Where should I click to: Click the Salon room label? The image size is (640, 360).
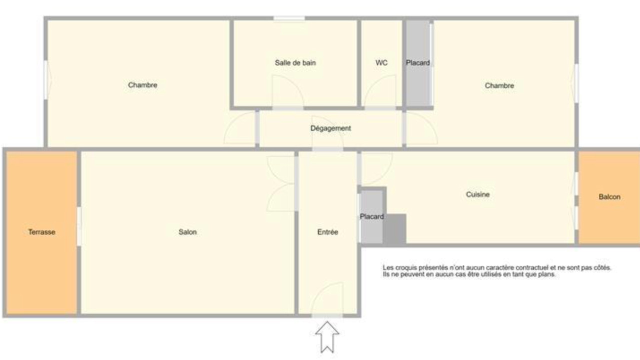187,232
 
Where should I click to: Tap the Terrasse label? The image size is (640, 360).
41,232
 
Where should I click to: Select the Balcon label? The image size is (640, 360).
609,197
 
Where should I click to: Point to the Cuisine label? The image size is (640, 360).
477,194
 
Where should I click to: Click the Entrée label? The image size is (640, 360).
327,232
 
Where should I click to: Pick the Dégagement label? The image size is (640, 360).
330,128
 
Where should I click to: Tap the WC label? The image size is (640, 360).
381,63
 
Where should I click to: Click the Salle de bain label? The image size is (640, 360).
295,63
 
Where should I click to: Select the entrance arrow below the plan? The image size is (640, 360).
327,337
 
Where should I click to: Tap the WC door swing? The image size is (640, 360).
380,92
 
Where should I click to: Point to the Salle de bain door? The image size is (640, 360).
287,92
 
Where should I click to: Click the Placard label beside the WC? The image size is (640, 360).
417,63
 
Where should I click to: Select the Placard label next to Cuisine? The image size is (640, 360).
371,216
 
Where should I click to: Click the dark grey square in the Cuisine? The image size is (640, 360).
394,228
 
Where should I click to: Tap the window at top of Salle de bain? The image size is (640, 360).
289,18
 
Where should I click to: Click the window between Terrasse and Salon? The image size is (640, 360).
79,226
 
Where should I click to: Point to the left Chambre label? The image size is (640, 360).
142,85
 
